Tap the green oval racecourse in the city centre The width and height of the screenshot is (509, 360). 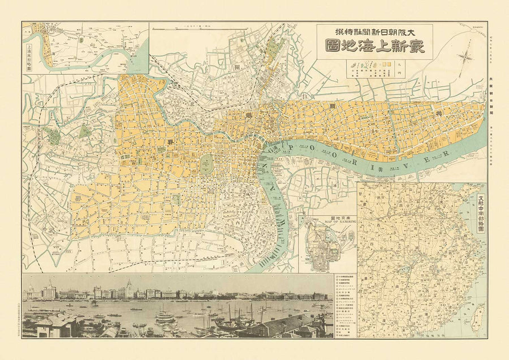point(206,164)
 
